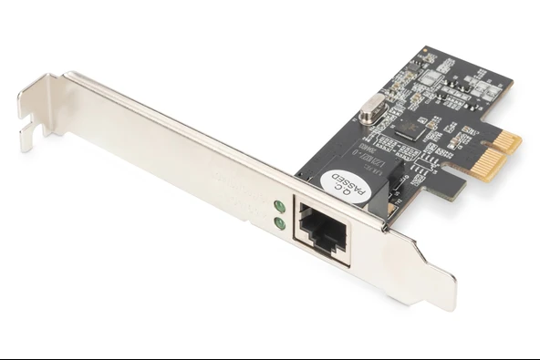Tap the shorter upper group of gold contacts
pyautogui.click(x=506, y=139)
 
